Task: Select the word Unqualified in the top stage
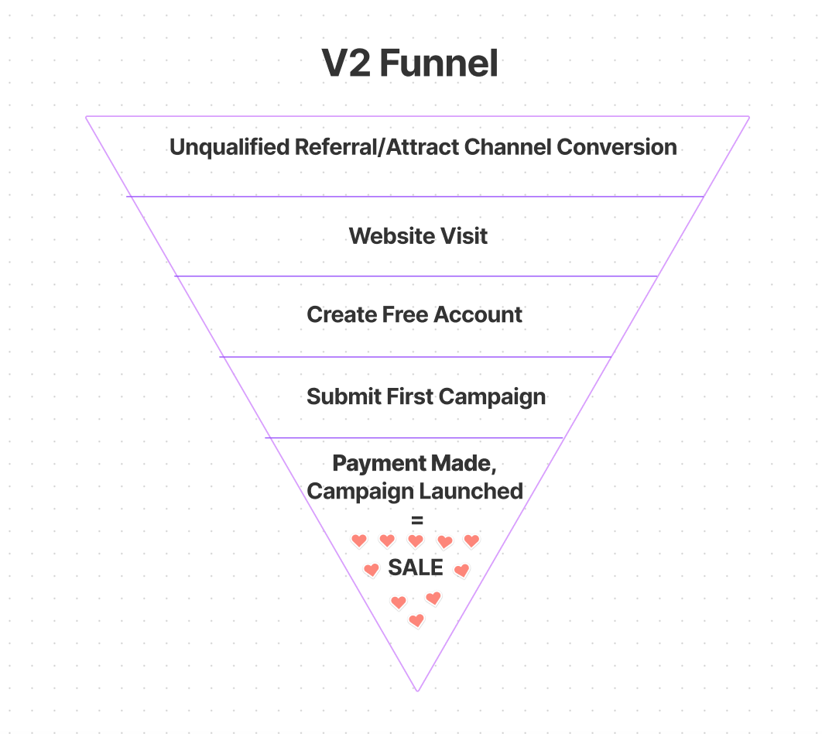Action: [x=230, y=147]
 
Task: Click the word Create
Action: [x=341, y=315]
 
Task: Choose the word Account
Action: [x=478, y=315]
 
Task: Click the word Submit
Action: [x=337, y=397]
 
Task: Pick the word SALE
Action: [x=416, y=568]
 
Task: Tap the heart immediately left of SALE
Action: [x=372, y=571]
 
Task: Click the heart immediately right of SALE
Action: [x=461, y=571]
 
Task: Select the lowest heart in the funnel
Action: [x=416, y=620]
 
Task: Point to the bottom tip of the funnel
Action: [x=417, y=690]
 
